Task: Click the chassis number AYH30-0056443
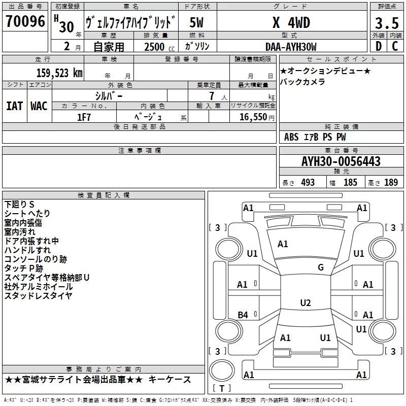pyautogui.click(x=341, y=161)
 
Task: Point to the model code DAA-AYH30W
pyautogui.click(x=291, y=47)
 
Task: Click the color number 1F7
pyautogui.click(x=84, y=116)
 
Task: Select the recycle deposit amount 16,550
pyautogui.click(x=252, y=117)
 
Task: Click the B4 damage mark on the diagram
pyautogui.click(x=243, y=315)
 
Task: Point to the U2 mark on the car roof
pyautogui.click(x=305, y=303)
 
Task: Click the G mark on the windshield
pyautogui.click(x=321, y=267)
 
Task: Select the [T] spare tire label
pyautogui.click(x=221, y=389)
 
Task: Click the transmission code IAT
pyautogui.click(x=14, y=106)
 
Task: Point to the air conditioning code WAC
pyautogui.click(x=39, y=106)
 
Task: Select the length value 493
pyautogui.click(x=308, y=183)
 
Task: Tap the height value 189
pyautogui.click(x=391, y=183)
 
